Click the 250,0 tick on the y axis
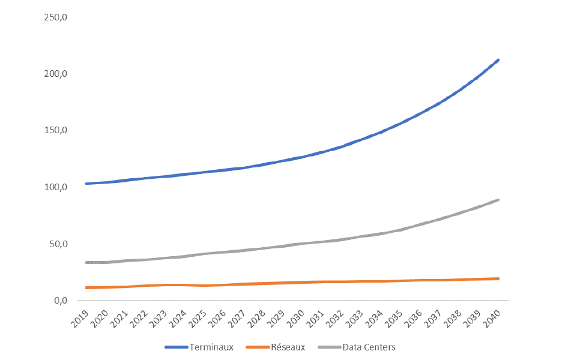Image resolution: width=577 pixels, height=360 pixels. click(x=55, y=17)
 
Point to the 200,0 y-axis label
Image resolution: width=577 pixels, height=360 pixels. click(x=55, y=74)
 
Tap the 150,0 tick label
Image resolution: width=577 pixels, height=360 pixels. click(x=55, y=130)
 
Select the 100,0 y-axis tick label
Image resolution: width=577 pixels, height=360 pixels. click(x=55, y=187)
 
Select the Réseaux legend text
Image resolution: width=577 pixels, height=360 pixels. click(x=288, y=347)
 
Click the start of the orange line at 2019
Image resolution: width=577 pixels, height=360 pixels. click(x=86, y=288)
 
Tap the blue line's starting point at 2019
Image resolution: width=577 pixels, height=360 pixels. click(x=86, y=184)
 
